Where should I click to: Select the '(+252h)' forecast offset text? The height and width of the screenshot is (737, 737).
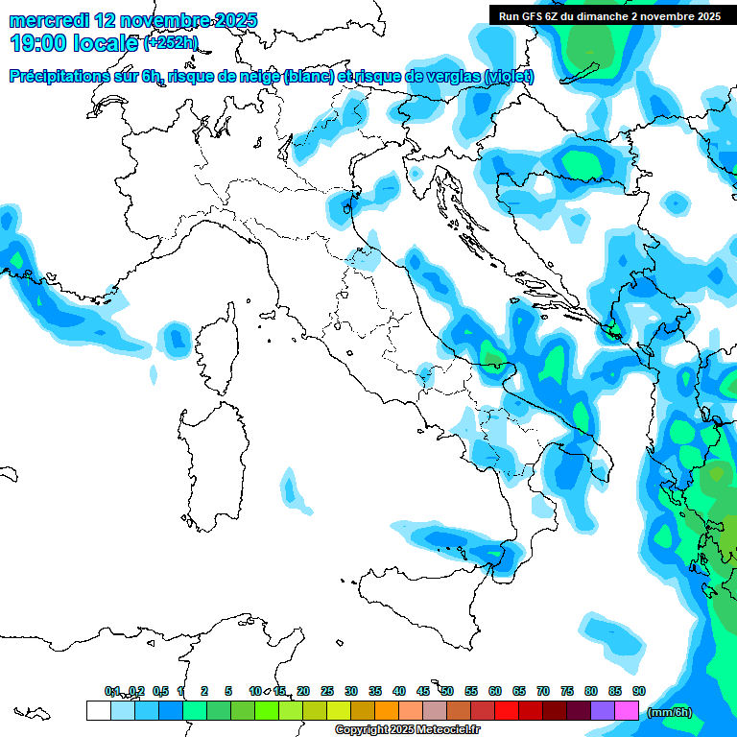170,43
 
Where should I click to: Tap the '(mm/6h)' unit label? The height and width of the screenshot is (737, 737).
670,712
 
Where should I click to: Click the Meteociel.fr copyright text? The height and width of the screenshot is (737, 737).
394,730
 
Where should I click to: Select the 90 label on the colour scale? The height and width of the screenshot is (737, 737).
639,691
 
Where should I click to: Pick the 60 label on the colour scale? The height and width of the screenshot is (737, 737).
495,691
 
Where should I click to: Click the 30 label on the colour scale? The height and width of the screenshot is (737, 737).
351,691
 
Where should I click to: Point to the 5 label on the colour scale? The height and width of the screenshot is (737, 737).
228,691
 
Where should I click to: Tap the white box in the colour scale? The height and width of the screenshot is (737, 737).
98,710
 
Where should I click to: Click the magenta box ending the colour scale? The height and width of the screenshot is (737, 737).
627,710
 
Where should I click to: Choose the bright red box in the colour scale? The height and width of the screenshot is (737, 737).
507,710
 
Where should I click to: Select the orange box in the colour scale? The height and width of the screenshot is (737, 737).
387,710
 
